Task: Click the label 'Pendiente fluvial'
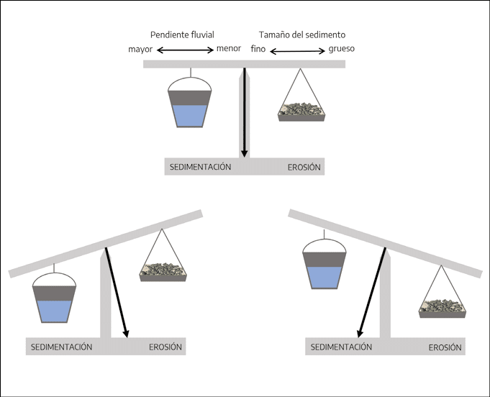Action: tap(182, 35)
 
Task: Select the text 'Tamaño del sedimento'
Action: tap(302, 35)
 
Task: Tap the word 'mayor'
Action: tap(140, 50)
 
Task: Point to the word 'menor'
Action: tap(229, 48)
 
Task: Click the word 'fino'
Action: tap(258, 49)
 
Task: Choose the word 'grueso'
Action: tap(342, 49)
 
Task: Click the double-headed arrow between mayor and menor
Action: tap(185, 50)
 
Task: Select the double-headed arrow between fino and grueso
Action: tap(297, 51)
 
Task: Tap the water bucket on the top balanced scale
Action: tap(190, 102)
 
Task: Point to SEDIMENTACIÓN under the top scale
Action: tap(200, 167)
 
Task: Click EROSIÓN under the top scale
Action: tap(304, 168)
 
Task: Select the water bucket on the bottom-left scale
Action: tap(55, 297)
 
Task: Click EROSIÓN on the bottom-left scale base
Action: tap(165, 347)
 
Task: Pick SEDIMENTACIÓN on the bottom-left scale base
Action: tap(62, 347)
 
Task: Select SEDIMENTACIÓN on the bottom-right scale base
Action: tap(341, 347)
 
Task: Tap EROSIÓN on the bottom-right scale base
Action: tap(445, 347)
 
